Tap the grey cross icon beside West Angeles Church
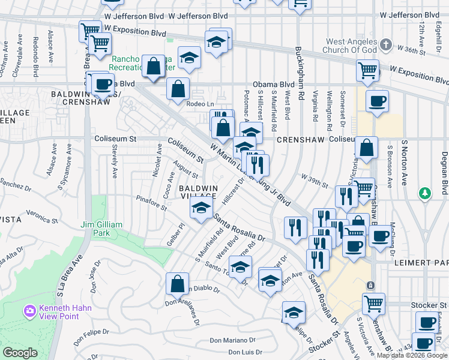tap(387, 45)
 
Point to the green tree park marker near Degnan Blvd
tap(425, 193)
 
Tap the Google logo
tap(20, 353)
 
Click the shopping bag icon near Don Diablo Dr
tap(178, 284)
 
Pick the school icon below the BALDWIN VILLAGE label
tap(201, 208)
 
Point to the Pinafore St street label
tap(151, 203)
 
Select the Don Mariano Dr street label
tap(233, 341)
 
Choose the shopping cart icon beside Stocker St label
tap(374, 304)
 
